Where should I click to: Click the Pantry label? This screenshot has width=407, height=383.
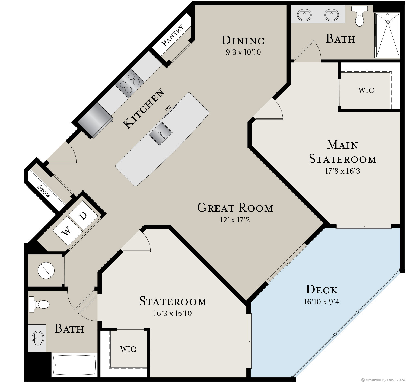point(173,36)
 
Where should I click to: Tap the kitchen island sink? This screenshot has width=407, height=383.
point(160,133)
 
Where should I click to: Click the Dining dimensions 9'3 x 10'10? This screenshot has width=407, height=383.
point(243,52)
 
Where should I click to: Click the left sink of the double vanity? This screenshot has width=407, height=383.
point(304,15)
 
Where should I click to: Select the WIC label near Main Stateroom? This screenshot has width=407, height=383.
point(366,90)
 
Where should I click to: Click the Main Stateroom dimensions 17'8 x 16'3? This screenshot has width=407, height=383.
point(342,171)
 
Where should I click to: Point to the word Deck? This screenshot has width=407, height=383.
point(322,290)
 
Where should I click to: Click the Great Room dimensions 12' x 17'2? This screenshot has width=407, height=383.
point(235,220)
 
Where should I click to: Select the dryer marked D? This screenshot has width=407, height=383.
point(83,216)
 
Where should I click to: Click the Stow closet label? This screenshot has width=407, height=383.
point(44,191)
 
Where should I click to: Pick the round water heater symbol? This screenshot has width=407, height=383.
point(46,270)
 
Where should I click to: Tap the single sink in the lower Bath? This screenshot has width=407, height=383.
point(38,338)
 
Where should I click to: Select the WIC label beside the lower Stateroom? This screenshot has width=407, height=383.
point(128,349)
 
